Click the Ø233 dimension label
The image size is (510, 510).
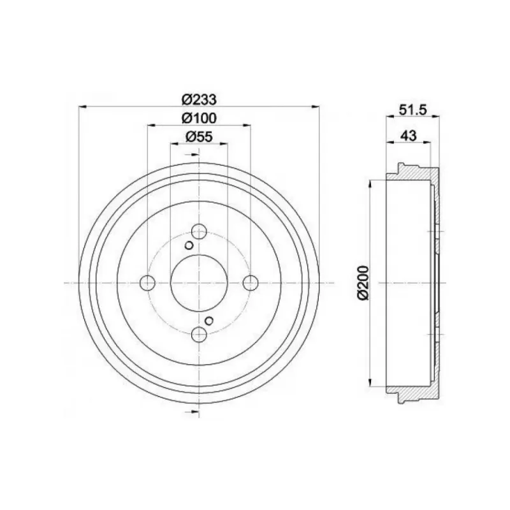[x=199, y=99]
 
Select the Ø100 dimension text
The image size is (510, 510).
[x=199, y=118]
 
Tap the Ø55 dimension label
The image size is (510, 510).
[x=199, y=136]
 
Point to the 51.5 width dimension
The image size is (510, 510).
[x=412, y=110]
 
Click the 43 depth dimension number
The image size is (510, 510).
[x=409, y=136]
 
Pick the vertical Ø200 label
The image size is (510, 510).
[x=363, y=282]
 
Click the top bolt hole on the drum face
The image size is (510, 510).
[x=199, y=231]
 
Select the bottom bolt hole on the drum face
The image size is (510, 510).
[x=199, y=335]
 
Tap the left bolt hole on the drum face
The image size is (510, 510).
[x=147, y=282]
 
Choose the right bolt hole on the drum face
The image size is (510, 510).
[x=251, y=282]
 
